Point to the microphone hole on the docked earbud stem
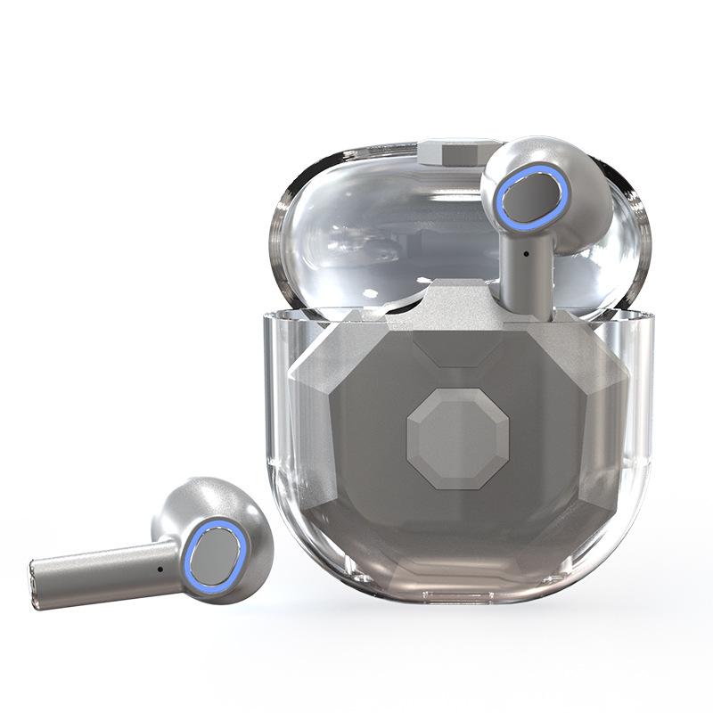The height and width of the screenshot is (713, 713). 527,254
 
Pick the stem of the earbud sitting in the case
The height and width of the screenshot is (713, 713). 526,267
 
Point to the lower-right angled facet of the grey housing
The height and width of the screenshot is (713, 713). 570,526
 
